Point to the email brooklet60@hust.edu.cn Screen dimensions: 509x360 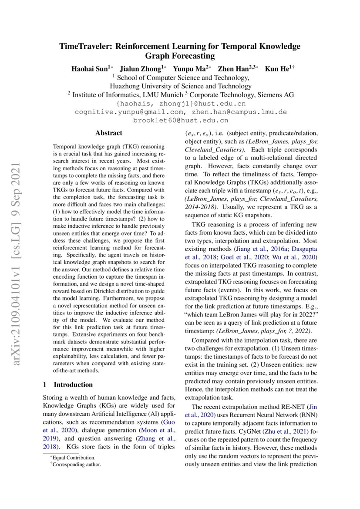pyautogui.click(x=181, y=120)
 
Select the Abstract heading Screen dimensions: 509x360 pyautogui.click(x=109, y=133)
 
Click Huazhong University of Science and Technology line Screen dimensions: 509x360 pyautogui.click(x=180, y=86)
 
